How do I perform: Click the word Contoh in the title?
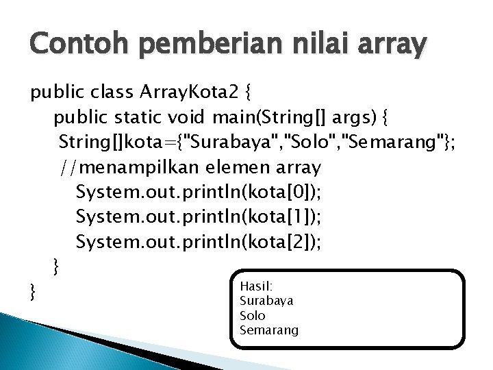[66, 46]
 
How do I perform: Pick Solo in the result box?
[252, 315]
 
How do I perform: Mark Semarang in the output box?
[269, 330]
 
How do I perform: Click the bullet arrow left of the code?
[16, 92]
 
